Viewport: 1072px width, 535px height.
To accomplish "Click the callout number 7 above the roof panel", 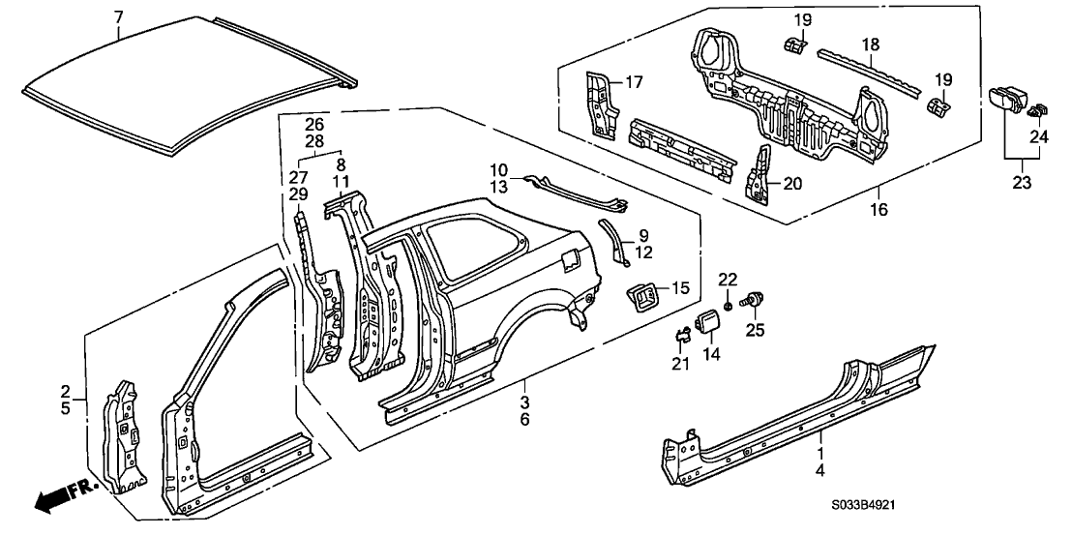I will pos(118,16).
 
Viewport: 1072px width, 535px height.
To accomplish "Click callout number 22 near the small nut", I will pos(729,280).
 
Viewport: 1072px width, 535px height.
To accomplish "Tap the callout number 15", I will pos(681,287).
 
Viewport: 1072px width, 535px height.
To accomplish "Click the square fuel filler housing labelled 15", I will pos(645,294).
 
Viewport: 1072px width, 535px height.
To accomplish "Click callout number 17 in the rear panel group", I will pos(634,83).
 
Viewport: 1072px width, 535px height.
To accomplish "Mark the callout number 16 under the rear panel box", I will pos(878,209).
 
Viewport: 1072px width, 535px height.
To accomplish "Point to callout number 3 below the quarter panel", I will pos(524,401).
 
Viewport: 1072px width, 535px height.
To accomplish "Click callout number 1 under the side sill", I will pos(821,452).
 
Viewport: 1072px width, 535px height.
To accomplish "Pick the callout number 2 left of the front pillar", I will pos(66,392).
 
